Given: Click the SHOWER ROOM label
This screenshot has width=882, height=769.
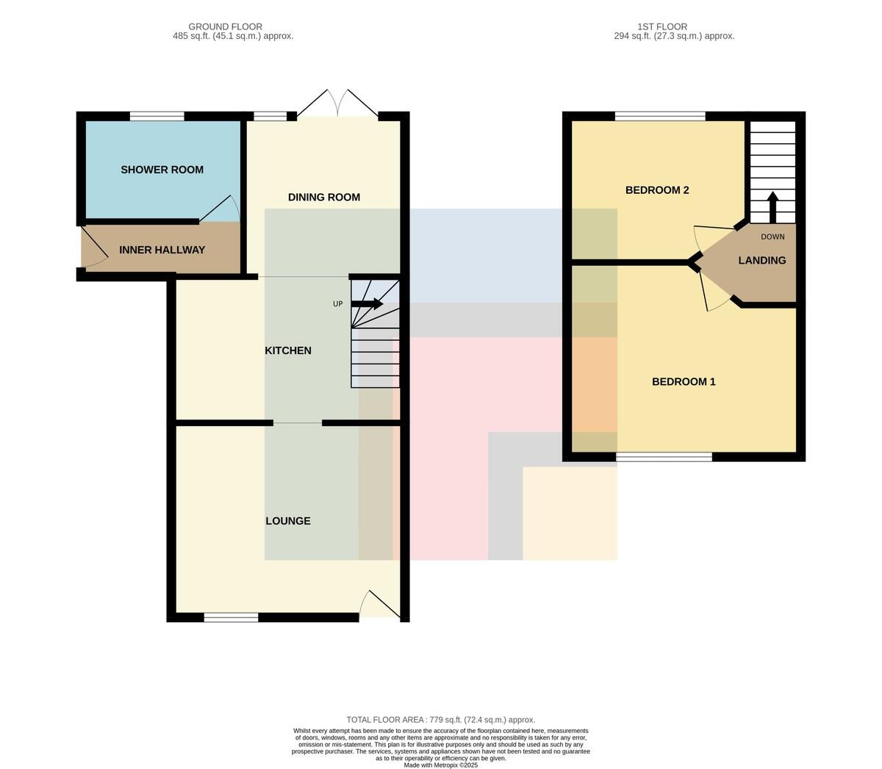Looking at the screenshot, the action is (162, 170).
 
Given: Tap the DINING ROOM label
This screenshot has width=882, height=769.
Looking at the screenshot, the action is (323, 198).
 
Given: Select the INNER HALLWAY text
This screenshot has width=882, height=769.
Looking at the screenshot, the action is (162, 250).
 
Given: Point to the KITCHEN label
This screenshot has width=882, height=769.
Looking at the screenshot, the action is (288, 350).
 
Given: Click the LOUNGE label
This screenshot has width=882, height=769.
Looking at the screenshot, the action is (288, 521).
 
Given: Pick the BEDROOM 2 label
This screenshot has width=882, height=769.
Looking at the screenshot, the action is (657, 190).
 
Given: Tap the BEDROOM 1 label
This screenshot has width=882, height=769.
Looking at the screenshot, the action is (684, 382).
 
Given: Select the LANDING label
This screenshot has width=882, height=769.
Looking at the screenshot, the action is (761, 260).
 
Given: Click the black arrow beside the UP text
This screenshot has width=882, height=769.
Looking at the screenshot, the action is (367, 304).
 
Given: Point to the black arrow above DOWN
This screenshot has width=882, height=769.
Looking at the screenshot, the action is (772, 207).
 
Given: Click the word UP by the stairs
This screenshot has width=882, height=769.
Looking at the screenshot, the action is (338, 304).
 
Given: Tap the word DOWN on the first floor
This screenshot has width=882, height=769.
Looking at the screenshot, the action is (772, 237).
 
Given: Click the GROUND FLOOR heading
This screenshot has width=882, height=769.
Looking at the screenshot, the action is (226, 26).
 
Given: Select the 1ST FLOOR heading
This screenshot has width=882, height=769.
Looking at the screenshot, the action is (662, 26).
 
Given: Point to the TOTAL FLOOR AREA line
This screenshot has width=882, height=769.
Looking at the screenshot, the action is (440, 720).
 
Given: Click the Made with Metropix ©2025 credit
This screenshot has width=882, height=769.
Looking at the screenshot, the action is (440, 765).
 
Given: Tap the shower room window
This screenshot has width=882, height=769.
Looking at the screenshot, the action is (157, 116).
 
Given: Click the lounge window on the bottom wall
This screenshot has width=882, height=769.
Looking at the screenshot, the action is (231, 618).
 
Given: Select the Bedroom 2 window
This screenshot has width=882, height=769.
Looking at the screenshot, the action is (660, 116).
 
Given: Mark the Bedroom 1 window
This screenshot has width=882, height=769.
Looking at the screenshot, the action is (664, 457).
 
